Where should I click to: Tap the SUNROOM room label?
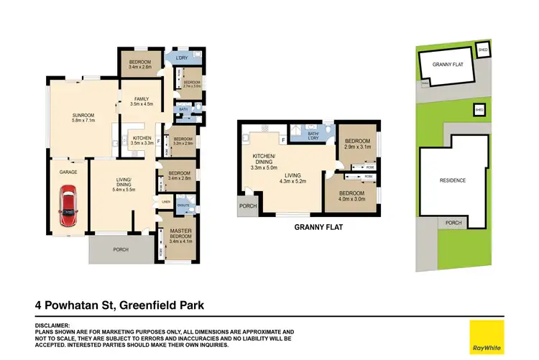(x=83, y=117)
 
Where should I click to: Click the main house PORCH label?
(x=120, y=251)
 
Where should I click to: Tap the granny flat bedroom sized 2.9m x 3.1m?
(x=357, y=144)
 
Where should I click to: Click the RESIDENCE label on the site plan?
(x=452, y=180)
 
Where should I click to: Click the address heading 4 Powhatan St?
(x=119, y=305)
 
